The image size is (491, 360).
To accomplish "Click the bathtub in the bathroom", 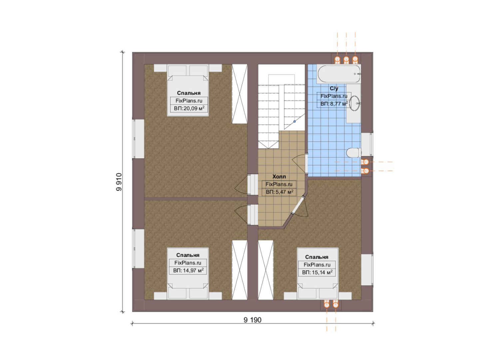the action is coord(339,74).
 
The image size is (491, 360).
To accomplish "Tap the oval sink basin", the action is coord(354,103).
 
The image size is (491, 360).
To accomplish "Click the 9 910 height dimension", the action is coord(119,182).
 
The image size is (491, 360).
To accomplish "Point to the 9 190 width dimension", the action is coord(252,320).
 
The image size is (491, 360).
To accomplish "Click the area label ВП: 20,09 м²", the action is coord(189,108).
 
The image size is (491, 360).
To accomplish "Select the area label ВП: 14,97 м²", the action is coord(188,270).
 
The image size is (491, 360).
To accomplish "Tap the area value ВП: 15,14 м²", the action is coord(317,272).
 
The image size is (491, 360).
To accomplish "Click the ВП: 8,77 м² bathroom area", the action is coord(334,104).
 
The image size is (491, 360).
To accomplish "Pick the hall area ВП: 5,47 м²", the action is coord(279,192).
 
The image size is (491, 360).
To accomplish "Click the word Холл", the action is coord(279,177).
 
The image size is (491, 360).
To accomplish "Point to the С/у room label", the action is coord(334,88).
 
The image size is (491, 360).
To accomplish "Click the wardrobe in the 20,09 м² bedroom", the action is coord(240,94).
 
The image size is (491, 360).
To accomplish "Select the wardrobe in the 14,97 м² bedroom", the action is coord(240,270).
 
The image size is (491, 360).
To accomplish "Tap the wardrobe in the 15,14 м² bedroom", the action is coord(266,270).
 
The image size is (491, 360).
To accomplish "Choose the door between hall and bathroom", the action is coord(306,163).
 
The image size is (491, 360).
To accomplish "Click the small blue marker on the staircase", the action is coord(294,121).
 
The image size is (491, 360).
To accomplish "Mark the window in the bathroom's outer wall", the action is coord(367,144).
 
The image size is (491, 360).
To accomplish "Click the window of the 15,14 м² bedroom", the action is coord(367,270).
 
